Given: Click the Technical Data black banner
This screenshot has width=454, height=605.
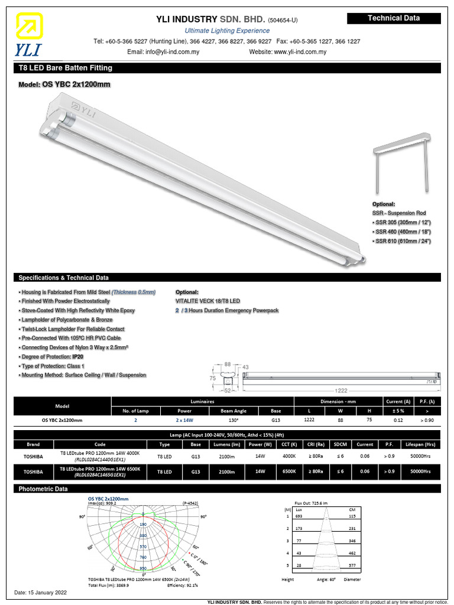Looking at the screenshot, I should [x=394, y=18].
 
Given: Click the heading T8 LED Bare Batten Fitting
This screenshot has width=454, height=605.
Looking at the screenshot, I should [x=66, y=68].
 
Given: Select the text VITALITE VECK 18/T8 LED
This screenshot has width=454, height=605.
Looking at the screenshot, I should [x=208, y=301].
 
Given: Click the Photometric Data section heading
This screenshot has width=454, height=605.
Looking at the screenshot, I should [x=43, y=489].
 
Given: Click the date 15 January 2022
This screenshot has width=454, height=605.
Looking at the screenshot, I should [x=40, y=593].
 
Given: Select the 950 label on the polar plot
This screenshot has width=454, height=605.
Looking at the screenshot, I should [x=143, y=568].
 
